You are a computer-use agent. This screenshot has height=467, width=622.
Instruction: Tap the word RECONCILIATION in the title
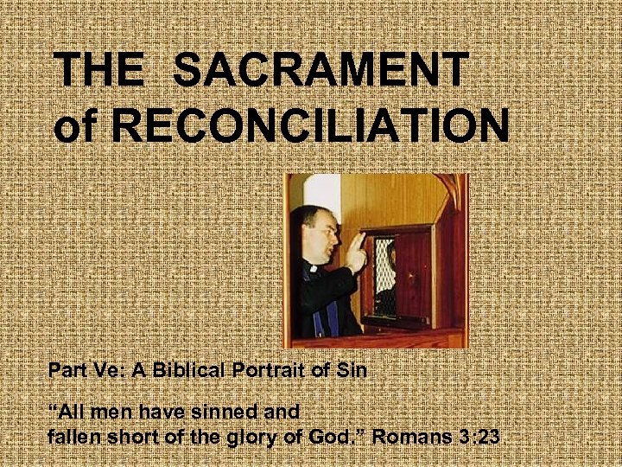pyautogui.click(x=312, y=125)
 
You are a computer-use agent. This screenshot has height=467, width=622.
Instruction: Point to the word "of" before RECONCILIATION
pyautogui.click(x=77, y=125)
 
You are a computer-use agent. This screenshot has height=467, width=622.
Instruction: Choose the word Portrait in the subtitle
pyautogui.click(x=260, y=372)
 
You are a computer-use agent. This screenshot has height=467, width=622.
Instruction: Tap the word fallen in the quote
pyautogui.click(x=73, y=436)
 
